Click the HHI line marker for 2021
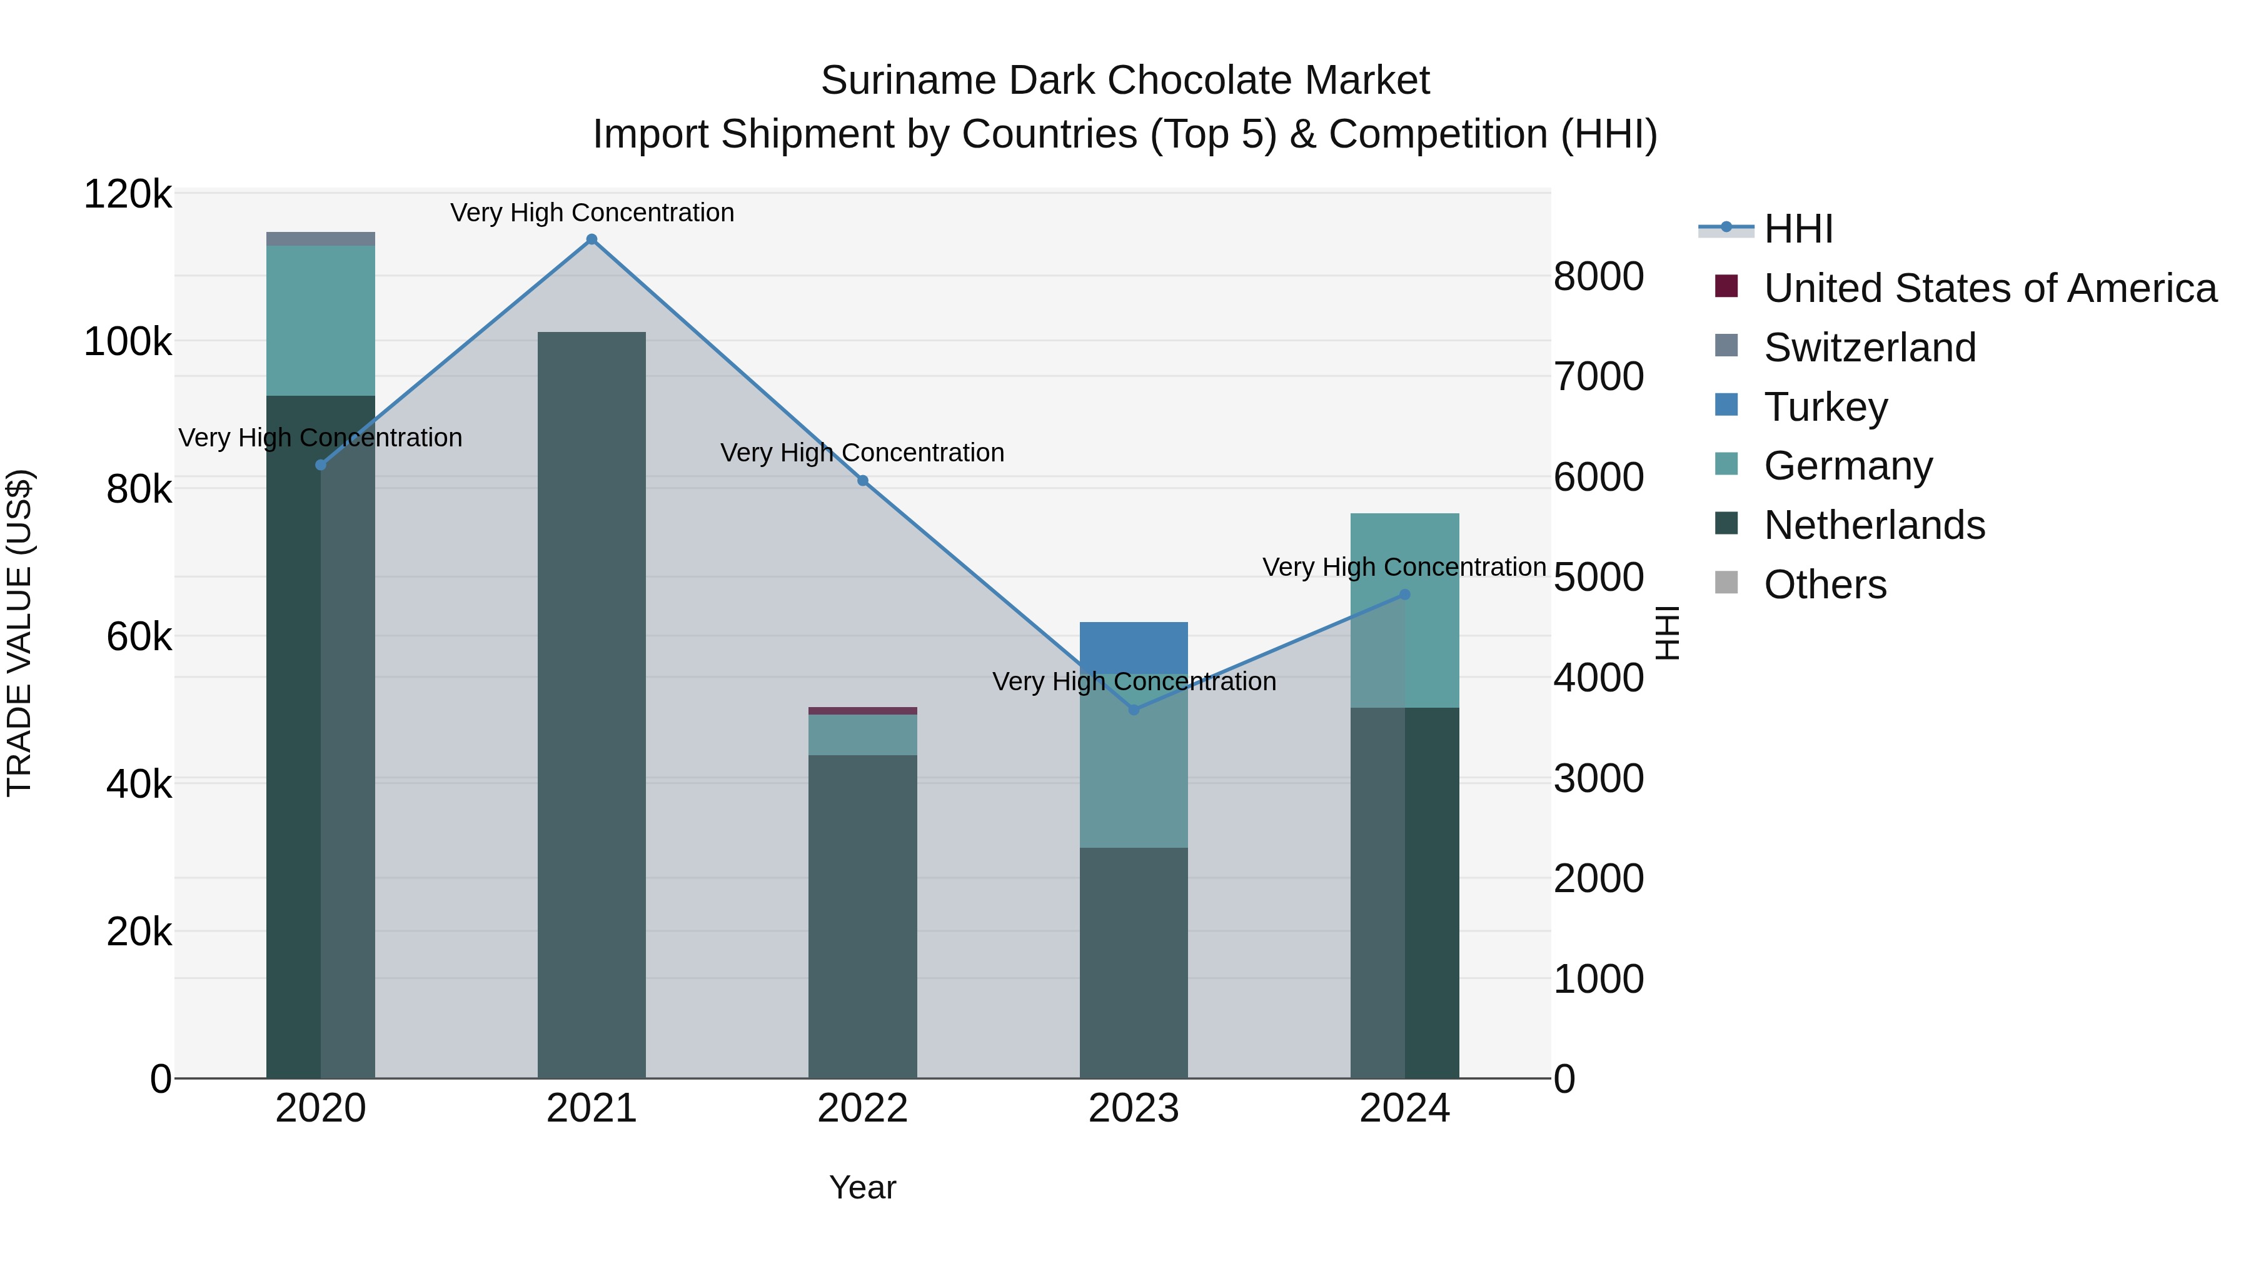coord(592,239)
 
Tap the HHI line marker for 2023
coord(1134,710)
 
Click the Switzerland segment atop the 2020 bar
coord(321,239)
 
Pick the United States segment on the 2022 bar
coord(862,710)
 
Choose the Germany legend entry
coord(1848,466)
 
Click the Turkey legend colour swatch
coord(1726,405)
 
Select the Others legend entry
coord(1825,585)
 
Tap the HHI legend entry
coord(1798,229)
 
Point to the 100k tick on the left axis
coord(128,341)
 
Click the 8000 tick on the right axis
coord(1598,276)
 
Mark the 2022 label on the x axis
coord(862,1108)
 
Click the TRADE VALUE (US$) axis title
coord(19,633)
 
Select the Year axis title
coord(862,1187)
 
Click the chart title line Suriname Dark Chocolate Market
coord(1125,81)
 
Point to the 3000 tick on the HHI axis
coord(1598,778)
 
